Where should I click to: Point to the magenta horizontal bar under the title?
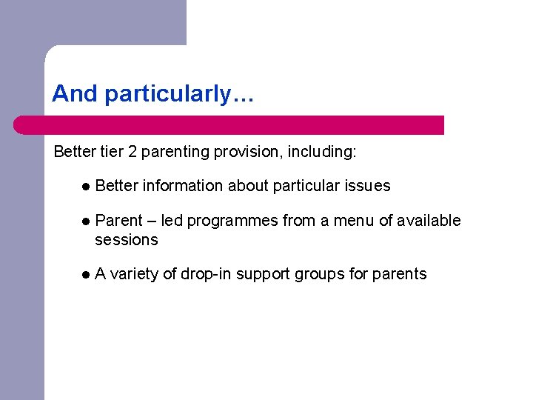(229, 125)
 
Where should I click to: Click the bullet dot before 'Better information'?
(86, 187)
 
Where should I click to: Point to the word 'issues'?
(368, 186)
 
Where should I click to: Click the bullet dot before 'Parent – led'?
(86, 221)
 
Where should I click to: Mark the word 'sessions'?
(127, 240)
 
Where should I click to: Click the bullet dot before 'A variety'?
(86, 275)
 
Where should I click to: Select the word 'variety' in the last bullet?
(134, 275)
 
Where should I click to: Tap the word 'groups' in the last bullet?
(319, 275)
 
